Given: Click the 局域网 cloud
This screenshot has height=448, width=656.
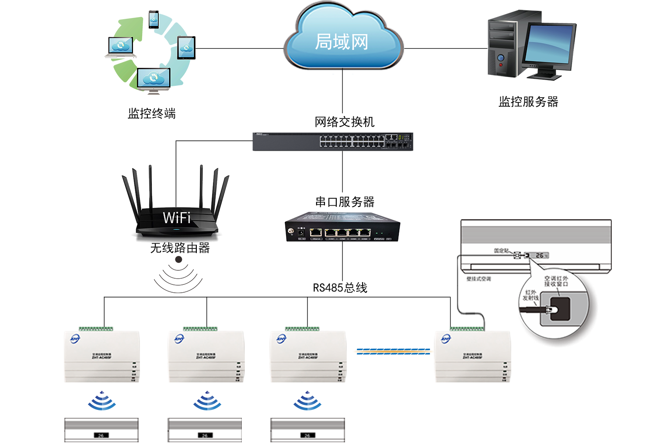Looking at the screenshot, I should click(x=342, y=42).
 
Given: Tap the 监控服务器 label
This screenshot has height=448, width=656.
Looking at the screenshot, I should click(x=528, y=102).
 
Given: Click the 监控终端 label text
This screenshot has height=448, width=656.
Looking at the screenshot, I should click(x=152, y=114).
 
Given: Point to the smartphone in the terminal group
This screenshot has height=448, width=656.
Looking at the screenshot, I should click(x=154, y=20).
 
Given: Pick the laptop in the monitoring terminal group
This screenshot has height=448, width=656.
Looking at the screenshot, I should click(x=121, y=47).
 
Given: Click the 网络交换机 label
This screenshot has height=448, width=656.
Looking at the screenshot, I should click(x=345, y=122).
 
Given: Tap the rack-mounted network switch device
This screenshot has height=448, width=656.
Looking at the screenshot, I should click(x=332, y=141).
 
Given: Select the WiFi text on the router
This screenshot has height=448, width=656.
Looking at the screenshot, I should click(x=177, y=217).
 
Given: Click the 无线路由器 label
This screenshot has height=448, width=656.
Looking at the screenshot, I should click(x=180, y=248).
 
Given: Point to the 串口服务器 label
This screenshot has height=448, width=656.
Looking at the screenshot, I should click(x=345, y=202).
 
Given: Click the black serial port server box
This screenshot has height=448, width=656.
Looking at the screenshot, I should click(x=342, y=227).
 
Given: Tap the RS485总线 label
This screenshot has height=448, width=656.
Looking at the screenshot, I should click(x=340, y=288).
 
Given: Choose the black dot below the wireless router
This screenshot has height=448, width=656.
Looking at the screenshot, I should click(x=178, y=259).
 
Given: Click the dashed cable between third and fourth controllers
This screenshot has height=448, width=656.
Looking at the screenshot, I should click(x=393, y=351).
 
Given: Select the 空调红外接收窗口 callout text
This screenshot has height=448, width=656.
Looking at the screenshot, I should click(x=556, y=281).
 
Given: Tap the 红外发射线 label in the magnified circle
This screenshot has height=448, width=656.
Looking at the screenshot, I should click(x=530, y=295).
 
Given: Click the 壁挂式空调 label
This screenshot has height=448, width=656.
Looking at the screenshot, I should click(x=479, y=279).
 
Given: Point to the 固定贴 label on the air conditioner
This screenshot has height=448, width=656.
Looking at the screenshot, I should click(x=501, y=251).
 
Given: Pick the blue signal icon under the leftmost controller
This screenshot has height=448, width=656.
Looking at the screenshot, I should click(x=102, y=401).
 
